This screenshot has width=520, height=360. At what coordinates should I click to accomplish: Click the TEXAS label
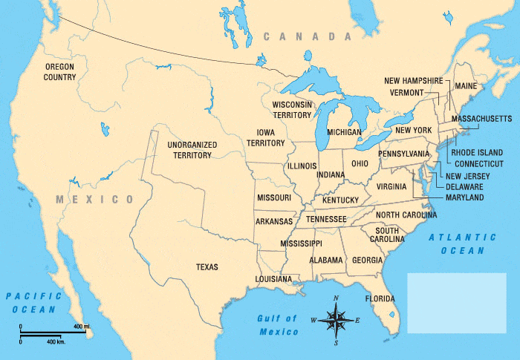(x=207, y=266)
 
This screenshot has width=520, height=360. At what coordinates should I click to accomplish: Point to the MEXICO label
(x=94, y=200)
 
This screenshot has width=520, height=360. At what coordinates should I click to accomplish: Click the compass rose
(x=336, y=321)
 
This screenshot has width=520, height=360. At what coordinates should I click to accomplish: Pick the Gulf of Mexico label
(x=277, y=325)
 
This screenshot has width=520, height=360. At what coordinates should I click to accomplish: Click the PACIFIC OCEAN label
(x=31, y=302)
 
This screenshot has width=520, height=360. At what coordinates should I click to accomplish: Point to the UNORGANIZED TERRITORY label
(x=189, y=150)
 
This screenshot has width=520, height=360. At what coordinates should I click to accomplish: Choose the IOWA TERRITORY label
(x=266, y=137)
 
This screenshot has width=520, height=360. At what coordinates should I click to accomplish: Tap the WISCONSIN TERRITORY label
(x=291, y=110)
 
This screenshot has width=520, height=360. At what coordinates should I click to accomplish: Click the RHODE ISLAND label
(x=477, y=152)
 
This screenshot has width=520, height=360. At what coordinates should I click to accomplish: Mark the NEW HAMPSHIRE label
(x=413, y=80)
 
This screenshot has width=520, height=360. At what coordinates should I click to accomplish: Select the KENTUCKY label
(x=341, y=200)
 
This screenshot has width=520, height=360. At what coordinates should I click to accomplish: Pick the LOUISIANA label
(x=273, y=279)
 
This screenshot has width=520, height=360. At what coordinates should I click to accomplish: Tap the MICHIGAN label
(x=344, y=132)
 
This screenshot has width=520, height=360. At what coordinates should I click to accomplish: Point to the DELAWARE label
(x=465, y=187)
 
